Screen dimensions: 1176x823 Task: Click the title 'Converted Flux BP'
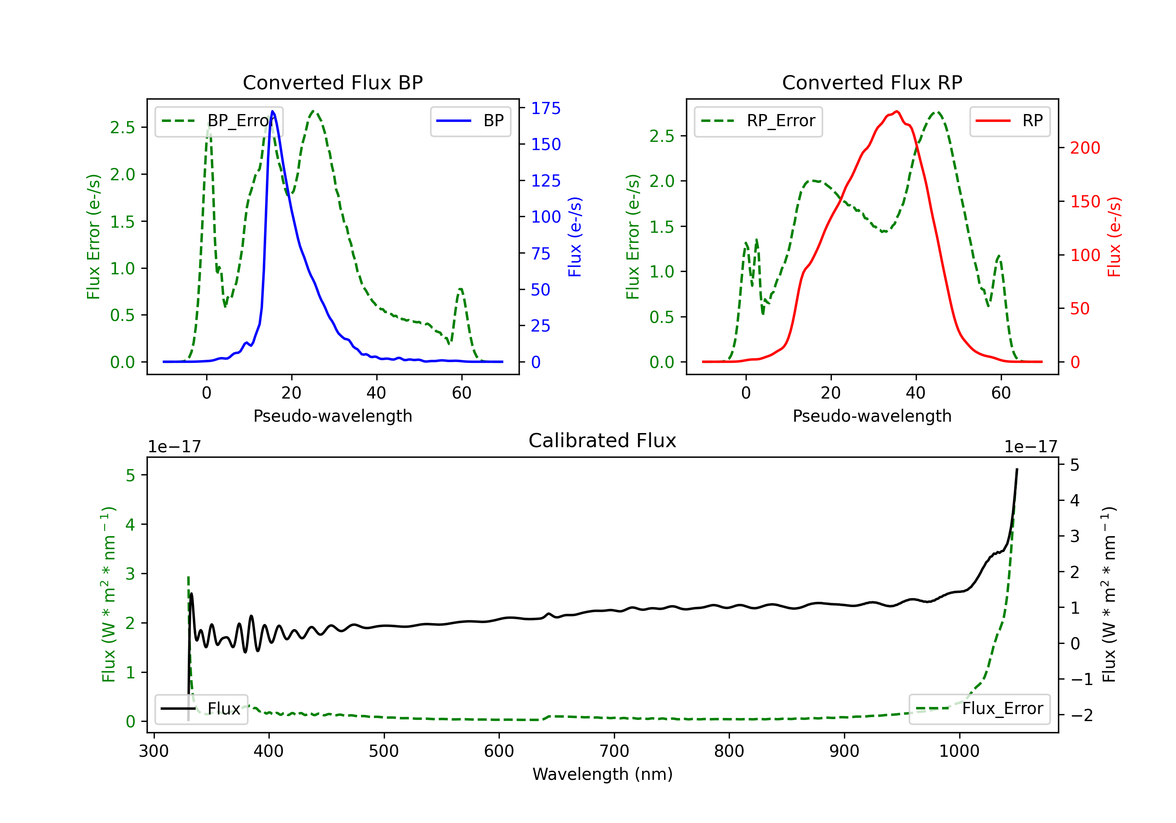pyautogui.click(x=332, y=82)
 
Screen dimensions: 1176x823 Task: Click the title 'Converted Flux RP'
pyautogui.click(x=872, y=82)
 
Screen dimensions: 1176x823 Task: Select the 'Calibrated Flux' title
pyautogui.click(x=603, y=441)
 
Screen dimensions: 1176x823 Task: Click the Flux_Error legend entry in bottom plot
pyautogui.click(x=979, y=709)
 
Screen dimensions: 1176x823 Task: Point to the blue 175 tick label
pyautogui.click(x=546, y=108)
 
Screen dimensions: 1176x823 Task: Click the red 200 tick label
pyautogui.click(x=1085, y=148)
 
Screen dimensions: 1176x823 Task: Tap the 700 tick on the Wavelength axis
pyautogui.click(x=614, y=751)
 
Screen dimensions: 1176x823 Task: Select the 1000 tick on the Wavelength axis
pyautogui.click(x=959, y=751)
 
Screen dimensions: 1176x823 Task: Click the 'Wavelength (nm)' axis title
pyautogui.click(x=603, y=774)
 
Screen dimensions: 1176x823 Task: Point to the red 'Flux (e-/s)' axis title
pyautogui.click(x=1114, y=237)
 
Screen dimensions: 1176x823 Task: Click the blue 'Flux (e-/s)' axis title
pyautogui.click(x=575, y=237)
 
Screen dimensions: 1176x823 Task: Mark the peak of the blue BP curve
pyautogui.click(x=272, y=111)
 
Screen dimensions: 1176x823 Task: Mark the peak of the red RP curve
pyautogui.click(x=897, y=111)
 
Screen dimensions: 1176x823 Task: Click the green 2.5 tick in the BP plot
pyautogui.click(x=122, y=127)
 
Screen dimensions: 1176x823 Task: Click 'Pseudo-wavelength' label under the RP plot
pyautogui.click(x=872, y=416)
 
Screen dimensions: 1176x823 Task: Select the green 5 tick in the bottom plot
pyautogui.click(x=131, y=475)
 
